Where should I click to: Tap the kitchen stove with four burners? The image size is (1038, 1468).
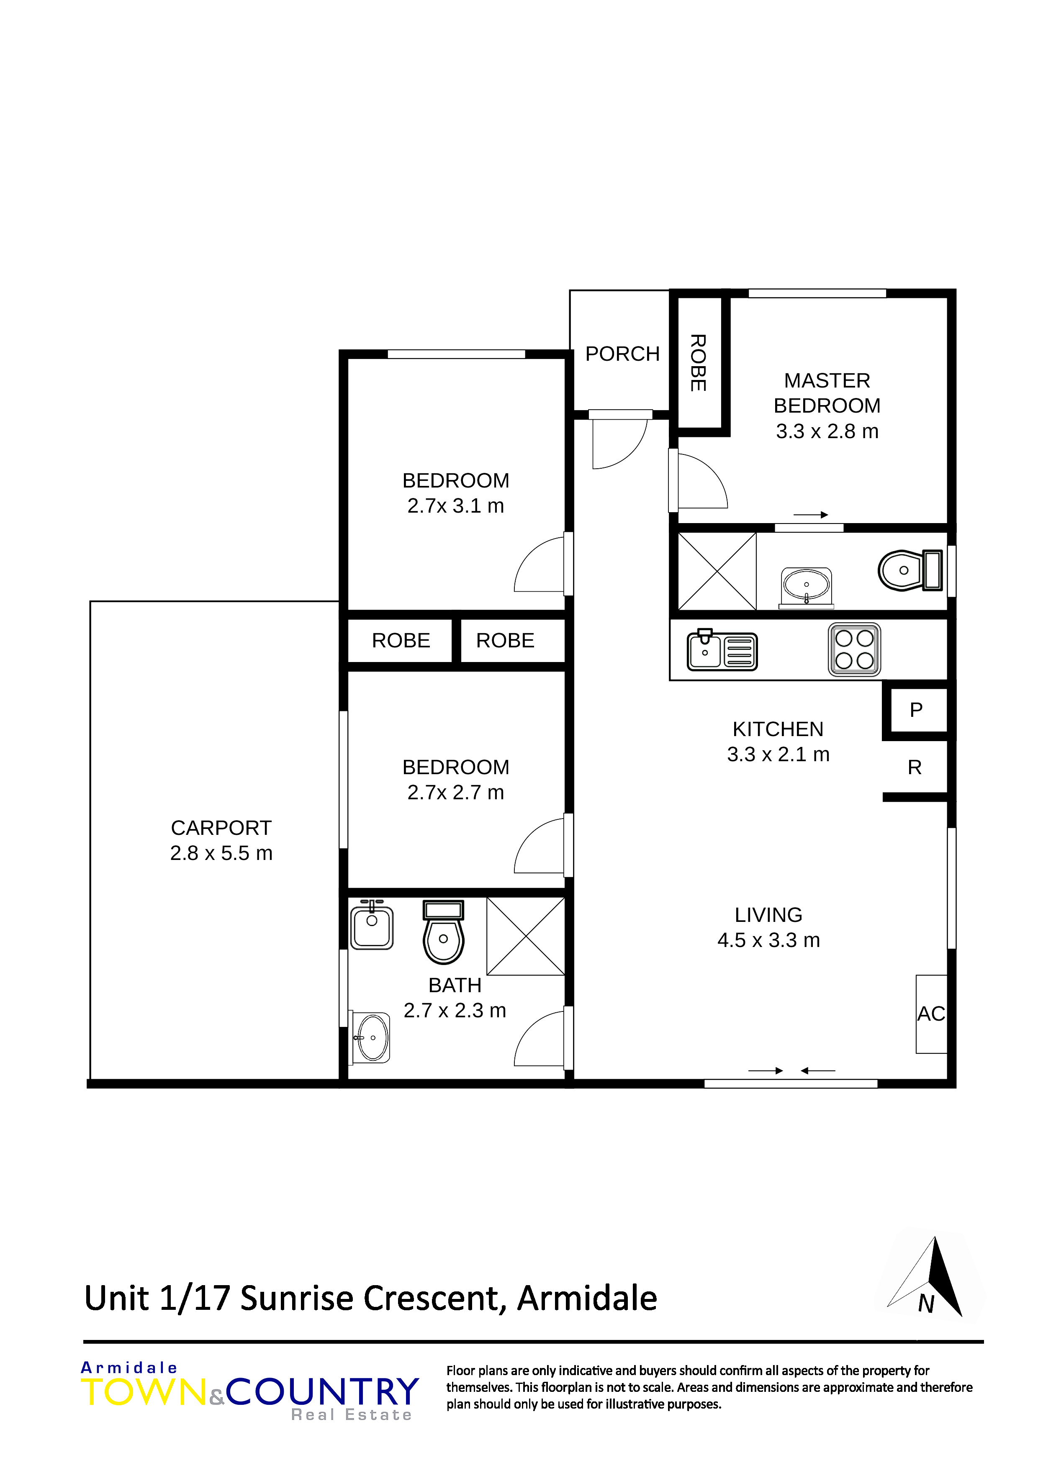pyautogui.click(x=854, y=649)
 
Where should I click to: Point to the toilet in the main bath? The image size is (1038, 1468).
pyautogui.click(x=443, y=932)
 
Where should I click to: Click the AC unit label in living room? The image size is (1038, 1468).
pyautogui.click(x=930, y=1014)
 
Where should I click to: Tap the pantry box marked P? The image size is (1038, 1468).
pyautogui.click(x=916, y=710)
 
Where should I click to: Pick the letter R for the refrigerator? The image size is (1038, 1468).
pyautogui.click(x=915, y=767)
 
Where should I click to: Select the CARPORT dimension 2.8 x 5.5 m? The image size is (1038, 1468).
pyautogui.click(x=221, y=853)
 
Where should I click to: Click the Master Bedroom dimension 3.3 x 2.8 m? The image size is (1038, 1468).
pyautogui.click(x=827, y=431)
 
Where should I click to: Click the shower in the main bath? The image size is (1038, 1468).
pyautogui.click(x=526, y=936)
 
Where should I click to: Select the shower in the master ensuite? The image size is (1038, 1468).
pyautogui.click(x=717, y=571)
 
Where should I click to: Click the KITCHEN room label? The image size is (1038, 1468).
pyautogui.click(x=778, y=729)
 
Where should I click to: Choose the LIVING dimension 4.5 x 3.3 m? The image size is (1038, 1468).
pyautogui.click(x=768, y=940)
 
